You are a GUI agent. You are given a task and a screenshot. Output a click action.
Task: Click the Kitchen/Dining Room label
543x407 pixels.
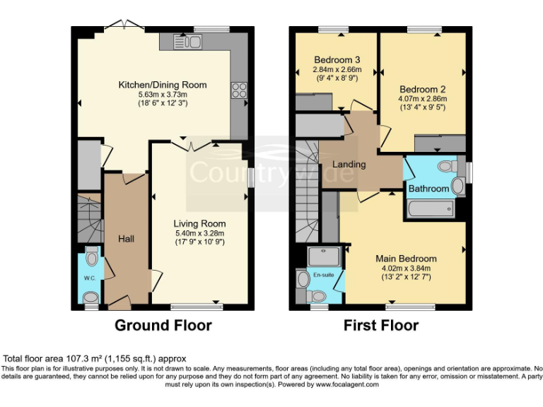[162, 85]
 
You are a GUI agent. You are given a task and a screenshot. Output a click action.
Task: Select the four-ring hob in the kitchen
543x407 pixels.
[238, 90]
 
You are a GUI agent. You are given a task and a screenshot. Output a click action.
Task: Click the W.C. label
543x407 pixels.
[89, 278]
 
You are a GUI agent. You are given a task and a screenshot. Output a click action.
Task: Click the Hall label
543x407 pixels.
[127, 239]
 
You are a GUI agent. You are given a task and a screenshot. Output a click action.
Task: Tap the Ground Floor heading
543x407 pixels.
[163, 326]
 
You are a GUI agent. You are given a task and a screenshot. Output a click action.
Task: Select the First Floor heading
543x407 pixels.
[380, 326]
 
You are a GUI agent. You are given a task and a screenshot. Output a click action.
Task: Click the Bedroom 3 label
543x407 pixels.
[337, 59]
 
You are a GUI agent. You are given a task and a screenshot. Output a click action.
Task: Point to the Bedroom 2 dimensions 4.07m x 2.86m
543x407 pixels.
[423, 99]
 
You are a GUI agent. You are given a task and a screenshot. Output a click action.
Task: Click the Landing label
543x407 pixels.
[349, 165]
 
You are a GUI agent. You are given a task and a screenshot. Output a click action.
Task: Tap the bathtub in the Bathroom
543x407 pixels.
[433, 209]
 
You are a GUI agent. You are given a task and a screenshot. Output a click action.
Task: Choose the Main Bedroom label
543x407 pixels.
[406, 259]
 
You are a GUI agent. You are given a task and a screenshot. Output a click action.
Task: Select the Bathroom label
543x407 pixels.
[429, 189]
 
